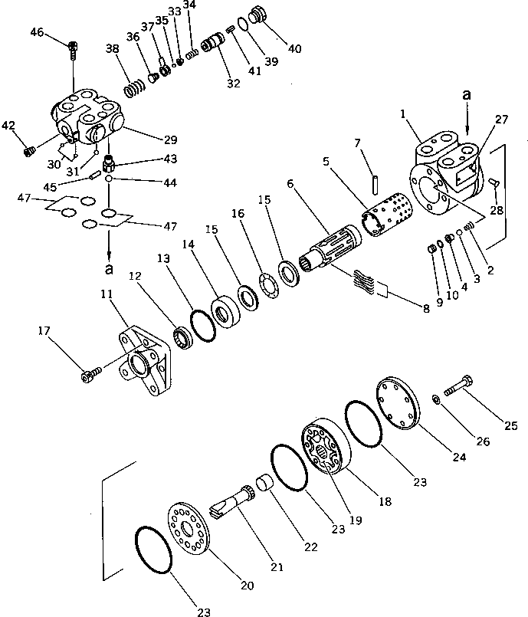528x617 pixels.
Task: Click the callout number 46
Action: [x=37, y=31]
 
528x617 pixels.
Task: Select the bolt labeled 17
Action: [x=89, y=375]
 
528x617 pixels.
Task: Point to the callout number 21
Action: [x=276, y=568]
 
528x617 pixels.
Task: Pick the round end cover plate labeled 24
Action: [x=400, y=404]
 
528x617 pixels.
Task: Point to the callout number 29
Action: [x=169, y=140]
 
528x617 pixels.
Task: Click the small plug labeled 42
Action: [x=28, y=150]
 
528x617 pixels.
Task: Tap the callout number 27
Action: [x=501, y=119]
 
